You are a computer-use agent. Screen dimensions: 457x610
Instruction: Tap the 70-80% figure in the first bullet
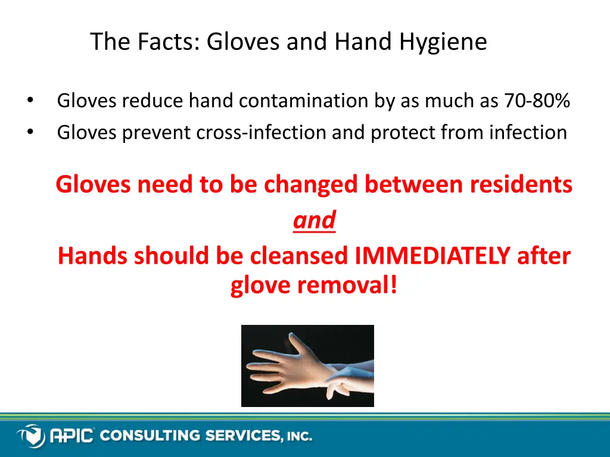point(537,102)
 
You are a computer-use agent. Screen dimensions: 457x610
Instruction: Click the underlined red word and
point(314,220)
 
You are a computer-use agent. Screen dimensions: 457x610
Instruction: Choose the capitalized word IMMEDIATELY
point(432,256)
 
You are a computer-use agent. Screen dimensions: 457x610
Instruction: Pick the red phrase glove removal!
point(314,286)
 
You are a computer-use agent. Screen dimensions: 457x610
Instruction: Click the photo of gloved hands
point(307,366)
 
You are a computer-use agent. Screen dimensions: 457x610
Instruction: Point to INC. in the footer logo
point(298,437)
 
